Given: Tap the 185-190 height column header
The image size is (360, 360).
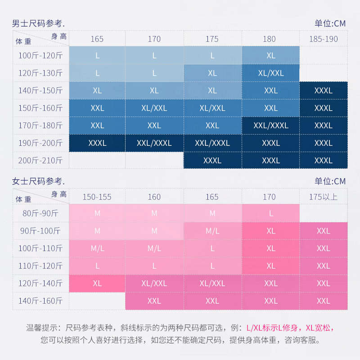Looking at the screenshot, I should pyautogui.click(x=323, y=39).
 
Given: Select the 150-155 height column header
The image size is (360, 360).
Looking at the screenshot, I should pyautogui.click(x=97, y=197).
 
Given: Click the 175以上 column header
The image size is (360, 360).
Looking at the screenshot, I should pyautogui.click(x=323, y=197).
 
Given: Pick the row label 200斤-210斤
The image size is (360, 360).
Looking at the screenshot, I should pyautogui.click(x=40, y=160).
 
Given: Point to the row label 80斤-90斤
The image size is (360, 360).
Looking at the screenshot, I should pyautogui.click(x=40, y=213).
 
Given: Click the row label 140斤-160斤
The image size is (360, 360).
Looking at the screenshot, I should pyautogui.click(x=40, y=301).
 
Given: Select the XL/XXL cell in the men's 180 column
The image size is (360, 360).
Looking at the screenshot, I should pyautogui.click(x=271, y=73).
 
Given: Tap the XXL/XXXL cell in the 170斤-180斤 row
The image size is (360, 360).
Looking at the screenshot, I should pyautogui.click(x=271, y=126).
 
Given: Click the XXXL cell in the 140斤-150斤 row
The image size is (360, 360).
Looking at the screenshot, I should pyautogui.click(x=323, y=90).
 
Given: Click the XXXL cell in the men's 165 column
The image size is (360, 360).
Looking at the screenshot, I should pyautogui.click(x=97, y=143).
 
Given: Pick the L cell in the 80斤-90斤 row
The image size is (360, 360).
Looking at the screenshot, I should pyautogui.click(x=271, y=214).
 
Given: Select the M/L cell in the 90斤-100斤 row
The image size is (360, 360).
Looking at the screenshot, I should pyautogui.click(x=212, y=231).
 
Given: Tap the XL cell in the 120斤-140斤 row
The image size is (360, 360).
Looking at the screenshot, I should pyautogui.click(x=97, y=283).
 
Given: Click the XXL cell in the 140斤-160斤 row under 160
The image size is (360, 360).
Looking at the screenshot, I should pyautogui.click(x=154, y=301).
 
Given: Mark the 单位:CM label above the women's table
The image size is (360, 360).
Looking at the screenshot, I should pyautogui.click(x=330, y=181).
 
